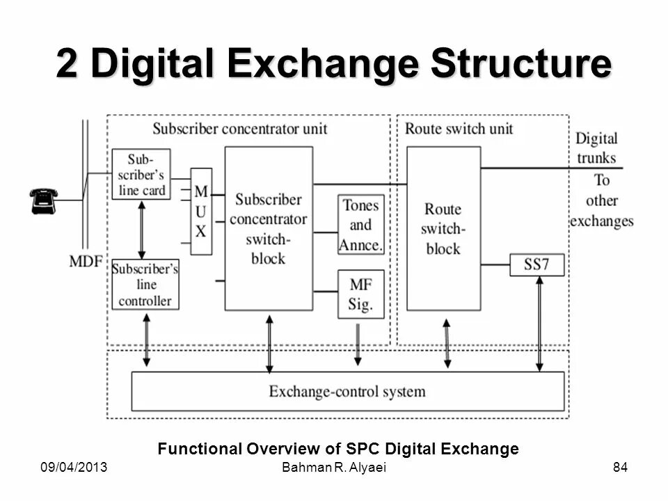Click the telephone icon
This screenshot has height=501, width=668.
(44, 200)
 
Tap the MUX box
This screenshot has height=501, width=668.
(201, 211)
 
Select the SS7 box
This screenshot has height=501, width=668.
(537, 264)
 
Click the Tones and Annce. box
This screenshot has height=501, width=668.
(361, 225)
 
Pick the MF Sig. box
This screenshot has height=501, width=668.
(361, 294)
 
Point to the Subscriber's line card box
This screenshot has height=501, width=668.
(141, 174)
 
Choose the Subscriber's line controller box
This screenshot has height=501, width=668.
(145, 284)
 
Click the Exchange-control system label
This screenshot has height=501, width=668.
(347, 391)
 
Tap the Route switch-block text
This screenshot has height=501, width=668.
(443, 228)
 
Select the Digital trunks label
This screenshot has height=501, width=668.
(596, 148)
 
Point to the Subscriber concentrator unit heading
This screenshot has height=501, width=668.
(239, 129)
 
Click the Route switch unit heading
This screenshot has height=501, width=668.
(459, 129)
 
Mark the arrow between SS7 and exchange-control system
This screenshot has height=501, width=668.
(539, 323)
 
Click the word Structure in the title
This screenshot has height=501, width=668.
(521, 64)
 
